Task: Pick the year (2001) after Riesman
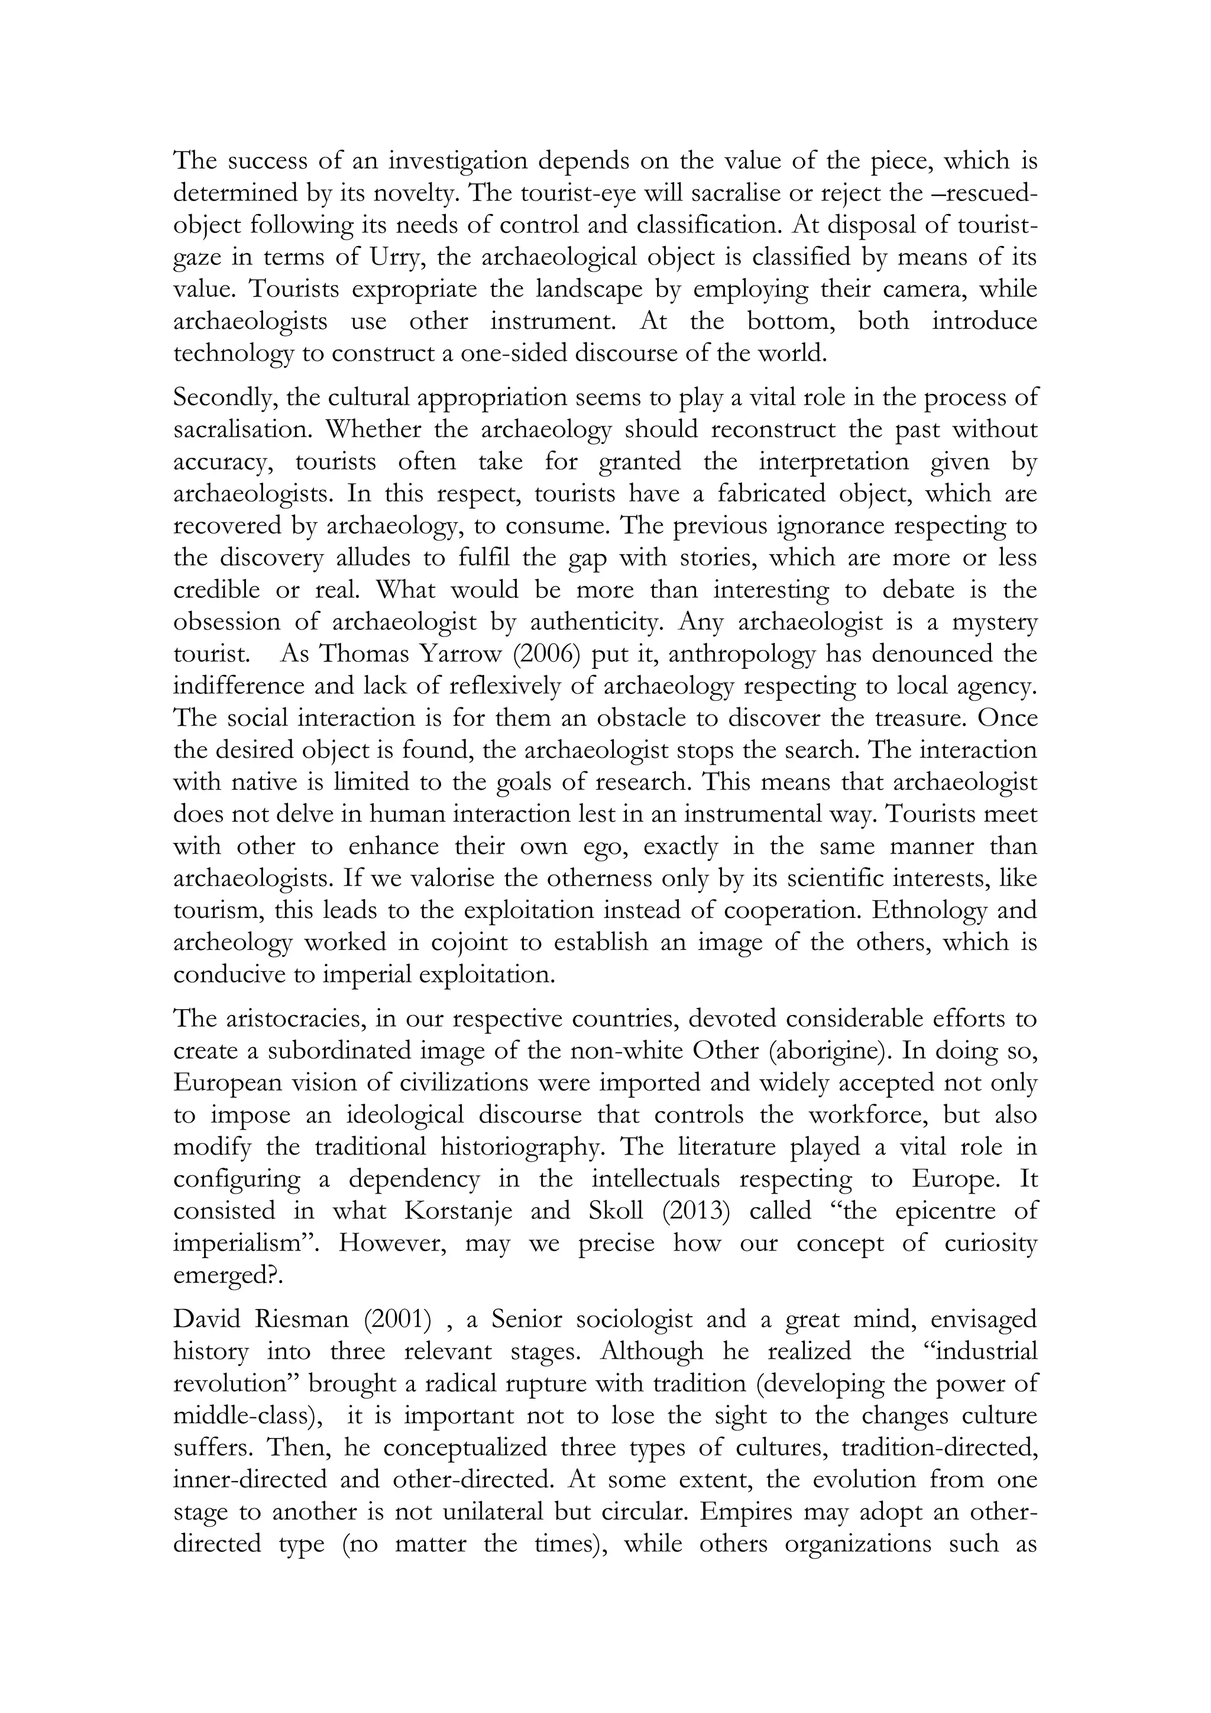pyautogui.click(x=397, y=1320)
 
